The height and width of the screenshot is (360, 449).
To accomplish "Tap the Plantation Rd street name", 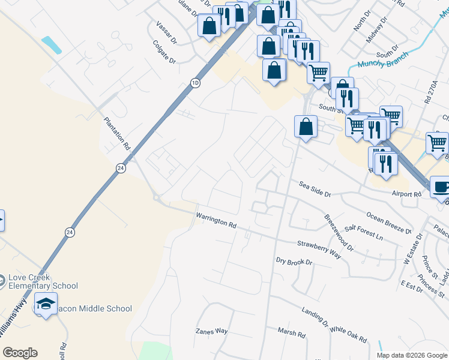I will pyautogui.click(x=116, y=133).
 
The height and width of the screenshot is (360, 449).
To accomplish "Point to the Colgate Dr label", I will pyautogui.click(x=164, y=52).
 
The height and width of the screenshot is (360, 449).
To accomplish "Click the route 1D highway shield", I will pyautogui.click(x=195, y=83).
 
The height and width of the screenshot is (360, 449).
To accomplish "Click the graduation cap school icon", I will pyautogui.click(x=46, y=305).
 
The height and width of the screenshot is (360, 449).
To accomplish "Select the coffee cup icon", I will pyautogui.click(x=441, y=187).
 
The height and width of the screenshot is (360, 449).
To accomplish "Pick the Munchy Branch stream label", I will pyautogui.click(x=382, y=60).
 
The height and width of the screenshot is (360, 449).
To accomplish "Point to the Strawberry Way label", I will pyautogui.click(x=319, y=249).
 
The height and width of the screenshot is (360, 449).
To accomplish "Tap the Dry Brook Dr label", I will pyautogui.click(x=294, y=262).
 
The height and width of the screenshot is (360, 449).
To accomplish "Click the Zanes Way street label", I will pyautogui.click(x=212, y=331).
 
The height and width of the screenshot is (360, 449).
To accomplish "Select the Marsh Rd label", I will pyautogui.click(x=292, y=332).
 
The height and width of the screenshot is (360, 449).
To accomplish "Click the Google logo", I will pyautogui.click(x=20, y=353).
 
